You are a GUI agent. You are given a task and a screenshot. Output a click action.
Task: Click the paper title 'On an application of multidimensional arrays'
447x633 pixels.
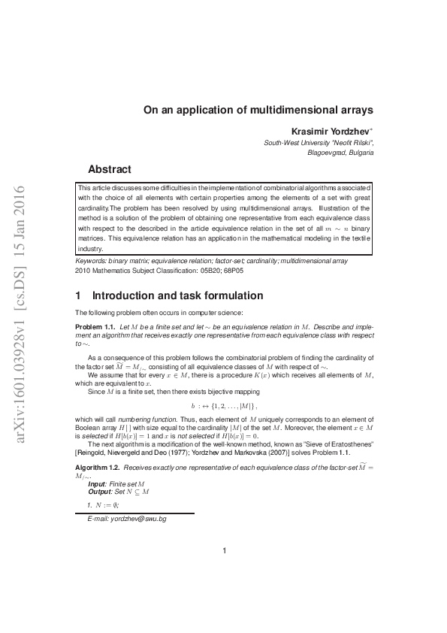[x=258, y=109]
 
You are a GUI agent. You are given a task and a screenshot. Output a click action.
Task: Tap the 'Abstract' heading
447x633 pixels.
[x=110, y=169]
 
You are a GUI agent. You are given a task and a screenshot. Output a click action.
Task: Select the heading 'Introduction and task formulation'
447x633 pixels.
[x=169, y=295]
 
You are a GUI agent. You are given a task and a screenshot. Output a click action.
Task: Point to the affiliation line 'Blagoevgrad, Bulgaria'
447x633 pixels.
[x=341, y=152]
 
